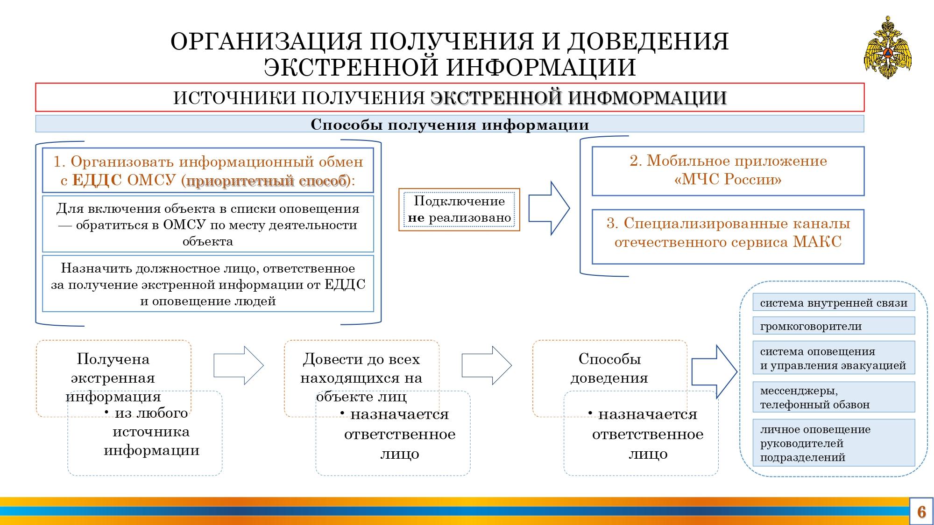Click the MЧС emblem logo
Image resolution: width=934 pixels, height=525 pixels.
(887, 48)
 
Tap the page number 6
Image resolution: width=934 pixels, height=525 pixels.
(921, 511)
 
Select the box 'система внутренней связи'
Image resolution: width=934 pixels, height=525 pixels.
(834, 302)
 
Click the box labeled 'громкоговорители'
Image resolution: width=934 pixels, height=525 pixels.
(834, 326)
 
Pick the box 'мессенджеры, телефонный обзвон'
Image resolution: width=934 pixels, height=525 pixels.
(834, 397)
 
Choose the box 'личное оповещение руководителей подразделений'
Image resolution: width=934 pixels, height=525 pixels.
(834, 443)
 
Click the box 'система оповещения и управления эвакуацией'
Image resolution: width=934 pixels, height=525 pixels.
(834, 358)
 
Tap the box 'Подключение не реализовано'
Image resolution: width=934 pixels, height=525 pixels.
(459, 210)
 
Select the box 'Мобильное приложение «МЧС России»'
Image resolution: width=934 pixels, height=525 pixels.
(728, 171)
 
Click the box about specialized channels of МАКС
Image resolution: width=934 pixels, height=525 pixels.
(728, 237)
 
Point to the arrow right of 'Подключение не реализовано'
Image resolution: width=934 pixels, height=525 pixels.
(549, 208)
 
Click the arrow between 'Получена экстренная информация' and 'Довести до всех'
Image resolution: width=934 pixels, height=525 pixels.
(239, 365)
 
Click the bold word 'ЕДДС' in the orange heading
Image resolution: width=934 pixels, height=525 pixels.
(97, 181)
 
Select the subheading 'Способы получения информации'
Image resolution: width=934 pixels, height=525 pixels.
(450, 125)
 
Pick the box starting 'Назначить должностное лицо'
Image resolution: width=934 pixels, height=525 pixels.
(208, 284)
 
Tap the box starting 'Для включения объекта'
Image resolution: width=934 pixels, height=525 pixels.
(208, 224)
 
